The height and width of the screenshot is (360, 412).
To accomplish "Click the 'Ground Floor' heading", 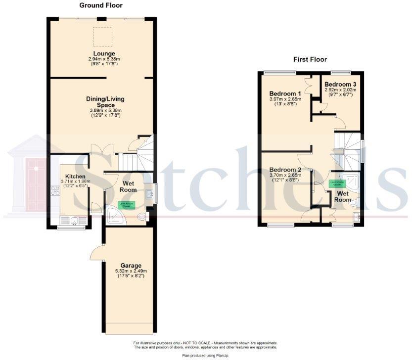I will [101, 5].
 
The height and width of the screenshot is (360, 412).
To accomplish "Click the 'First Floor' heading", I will [310, 59].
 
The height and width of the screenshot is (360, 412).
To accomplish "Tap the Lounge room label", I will [104, 53].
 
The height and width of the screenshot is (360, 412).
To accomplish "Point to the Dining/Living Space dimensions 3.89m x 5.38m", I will [104, 110].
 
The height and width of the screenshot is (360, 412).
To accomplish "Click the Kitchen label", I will [73, 176].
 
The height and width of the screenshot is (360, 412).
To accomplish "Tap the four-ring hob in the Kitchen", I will [55, 191].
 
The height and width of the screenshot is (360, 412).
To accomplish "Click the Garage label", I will [130, 265].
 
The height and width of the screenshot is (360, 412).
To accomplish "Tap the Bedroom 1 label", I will [285, 93].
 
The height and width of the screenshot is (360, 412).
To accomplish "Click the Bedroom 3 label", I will [340, 84].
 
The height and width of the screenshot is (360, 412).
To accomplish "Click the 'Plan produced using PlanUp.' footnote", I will [205, 356].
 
